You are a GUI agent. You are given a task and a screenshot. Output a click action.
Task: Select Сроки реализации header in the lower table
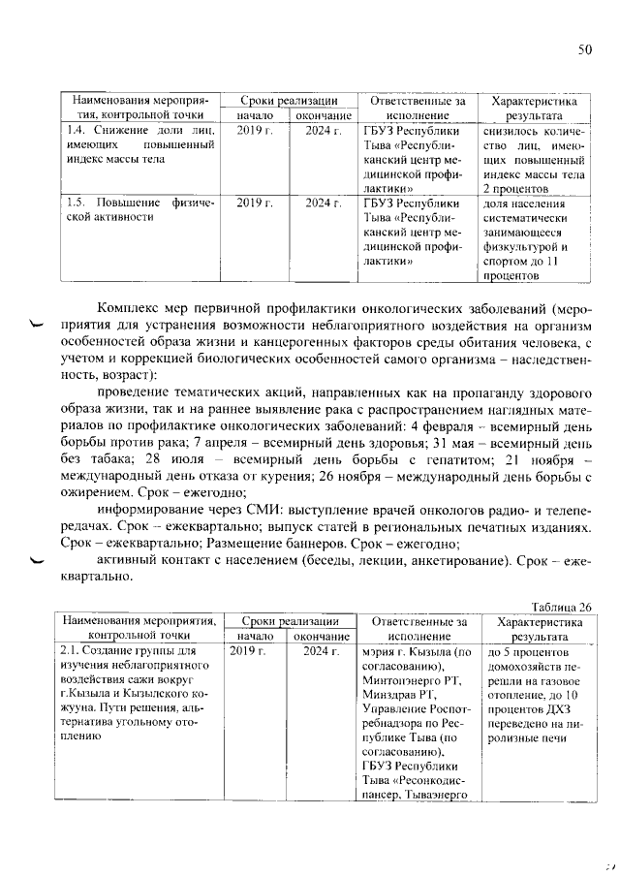[x=286, y=620]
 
